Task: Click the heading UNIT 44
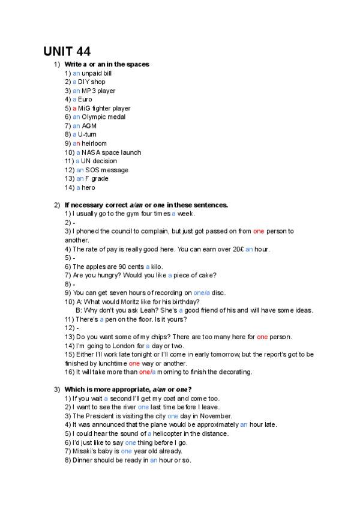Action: click(x=67, y=51)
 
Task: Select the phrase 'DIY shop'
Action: click(x=92, y=82)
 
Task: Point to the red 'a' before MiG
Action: click(x=74, y=109)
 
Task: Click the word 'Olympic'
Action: click(x=95, y=117)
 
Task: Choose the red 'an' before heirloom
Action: click(x=76, y=143)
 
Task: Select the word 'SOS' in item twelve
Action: click(x=91, y=170)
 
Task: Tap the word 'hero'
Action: click(x=89, y=187)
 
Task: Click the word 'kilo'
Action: click(x=157, y=267)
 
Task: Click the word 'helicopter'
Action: click(x=172, y=433)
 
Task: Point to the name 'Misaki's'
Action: click(x=85, y=451)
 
